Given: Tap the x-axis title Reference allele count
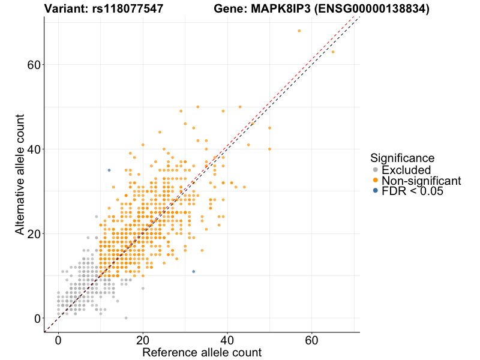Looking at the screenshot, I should [202, 352].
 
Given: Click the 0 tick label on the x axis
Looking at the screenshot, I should [58, 340].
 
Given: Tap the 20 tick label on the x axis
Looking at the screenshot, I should [143, 340].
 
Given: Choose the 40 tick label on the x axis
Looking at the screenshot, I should [227, 340].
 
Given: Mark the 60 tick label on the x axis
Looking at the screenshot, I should [312, 340].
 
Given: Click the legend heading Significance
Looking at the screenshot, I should [402, 158].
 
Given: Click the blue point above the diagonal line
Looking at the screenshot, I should [109, 170].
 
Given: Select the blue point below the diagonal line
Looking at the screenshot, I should [194, 271].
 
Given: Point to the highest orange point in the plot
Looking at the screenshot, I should [299, 31].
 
